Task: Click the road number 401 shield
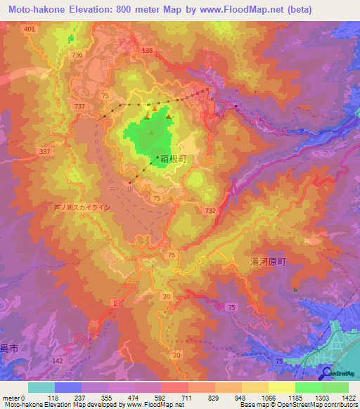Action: (29, 29)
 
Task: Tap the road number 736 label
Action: (77, 55)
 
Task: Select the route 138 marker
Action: (147, 51)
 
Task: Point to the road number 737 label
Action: (80, 105)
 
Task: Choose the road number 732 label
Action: (210, 211)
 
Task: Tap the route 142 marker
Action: (58, 360)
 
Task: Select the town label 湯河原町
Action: (269, 260)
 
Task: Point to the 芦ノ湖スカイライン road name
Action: (82, 208)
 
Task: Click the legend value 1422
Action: (346, 398)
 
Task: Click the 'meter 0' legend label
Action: (13, 398)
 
